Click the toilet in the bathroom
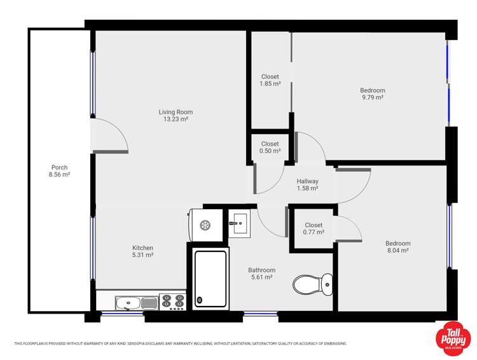tap(314, 284)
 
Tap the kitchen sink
tap(130, 301)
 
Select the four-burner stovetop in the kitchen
tap(171, 301)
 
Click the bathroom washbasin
tap(240, 222)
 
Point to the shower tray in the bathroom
tap(210, 279)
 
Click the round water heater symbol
tap(205, 225)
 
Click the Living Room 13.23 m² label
tap(176, 115)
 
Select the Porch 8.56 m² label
tap(60, 170)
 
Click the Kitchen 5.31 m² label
tap(142, 251)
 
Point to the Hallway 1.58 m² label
tap(307, 185)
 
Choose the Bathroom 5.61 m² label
tap(261, 273)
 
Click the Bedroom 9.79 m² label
tap(373, 93)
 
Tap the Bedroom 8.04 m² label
tap(398, 247)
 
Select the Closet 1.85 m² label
tap(270, 80)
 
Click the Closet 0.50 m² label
tap(270, 148)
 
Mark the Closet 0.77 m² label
tap(314, 228)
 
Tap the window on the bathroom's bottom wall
tap(261, 314)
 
